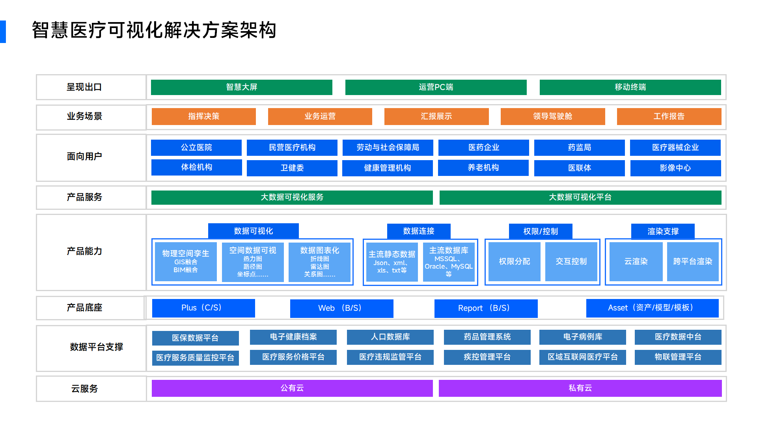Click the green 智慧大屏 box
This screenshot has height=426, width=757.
[241, 87]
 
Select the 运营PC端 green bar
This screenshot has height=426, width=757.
[436, 87]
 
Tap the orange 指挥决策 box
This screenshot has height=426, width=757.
[203, 116]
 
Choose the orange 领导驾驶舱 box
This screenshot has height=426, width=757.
[552, 116]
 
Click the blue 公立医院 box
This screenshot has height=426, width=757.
[196, 148]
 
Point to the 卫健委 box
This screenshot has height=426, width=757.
[292, 168]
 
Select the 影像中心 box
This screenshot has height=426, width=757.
[675, 168]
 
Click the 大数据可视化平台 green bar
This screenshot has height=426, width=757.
[580, 197]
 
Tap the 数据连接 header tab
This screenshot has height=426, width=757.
[419, 231]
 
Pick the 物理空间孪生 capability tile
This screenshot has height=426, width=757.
[186, 262]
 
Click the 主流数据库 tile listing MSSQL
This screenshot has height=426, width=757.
[449, 262]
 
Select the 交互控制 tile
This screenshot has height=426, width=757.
[571, 262]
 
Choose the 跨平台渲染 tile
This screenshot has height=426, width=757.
[693, 262]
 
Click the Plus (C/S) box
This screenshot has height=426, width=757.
[203, 308]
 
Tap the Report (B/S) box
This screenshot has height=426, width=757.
[486, 308]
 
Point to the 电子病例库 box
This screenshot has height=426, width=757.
[583, 337]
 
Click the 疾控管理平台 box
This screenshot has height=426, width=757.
[487, 357]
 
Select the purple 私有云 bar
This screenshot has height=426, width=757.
[580, 388]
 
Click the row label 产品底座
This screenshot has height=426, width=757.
[84, 308]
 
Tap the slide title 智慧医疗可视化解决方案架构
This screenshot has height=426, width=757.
[154, 30]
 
